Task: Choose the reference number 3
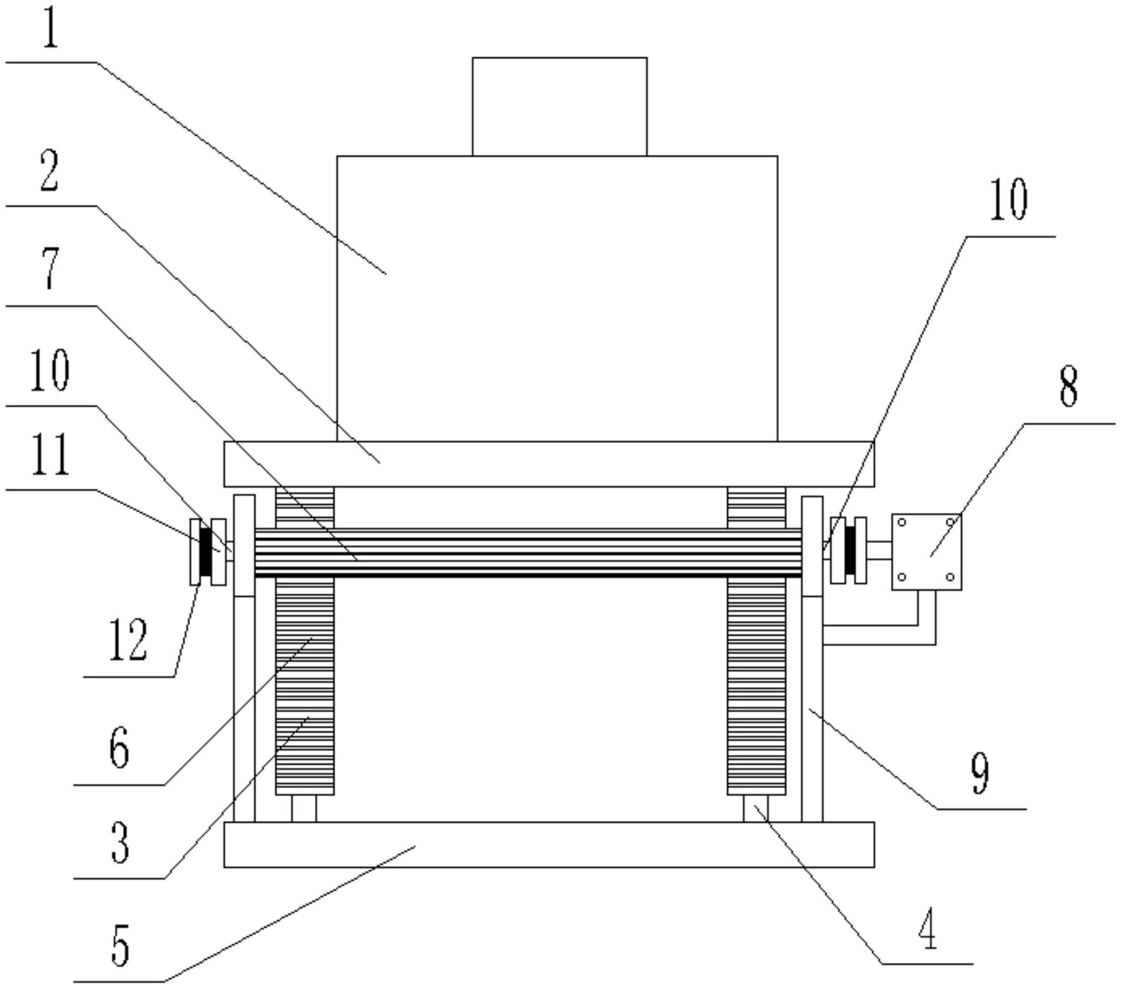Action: click(120, 842)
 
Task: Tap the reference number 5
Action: click(120, 945)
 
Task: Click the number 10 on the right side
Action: click(1008, 199)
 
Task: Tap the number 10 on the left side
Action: click(50, 369)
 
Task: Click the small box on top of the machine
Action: click(560, 107)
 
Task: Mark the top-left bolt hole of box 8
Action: click(902, 522)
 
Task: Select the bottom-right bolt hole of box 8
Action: click(950, 577)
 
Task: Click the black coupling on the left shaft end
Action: click(205, 551)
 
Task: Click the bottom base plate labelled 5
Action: click(549, 844)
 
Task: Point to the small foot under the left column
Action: click(304, 808)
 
